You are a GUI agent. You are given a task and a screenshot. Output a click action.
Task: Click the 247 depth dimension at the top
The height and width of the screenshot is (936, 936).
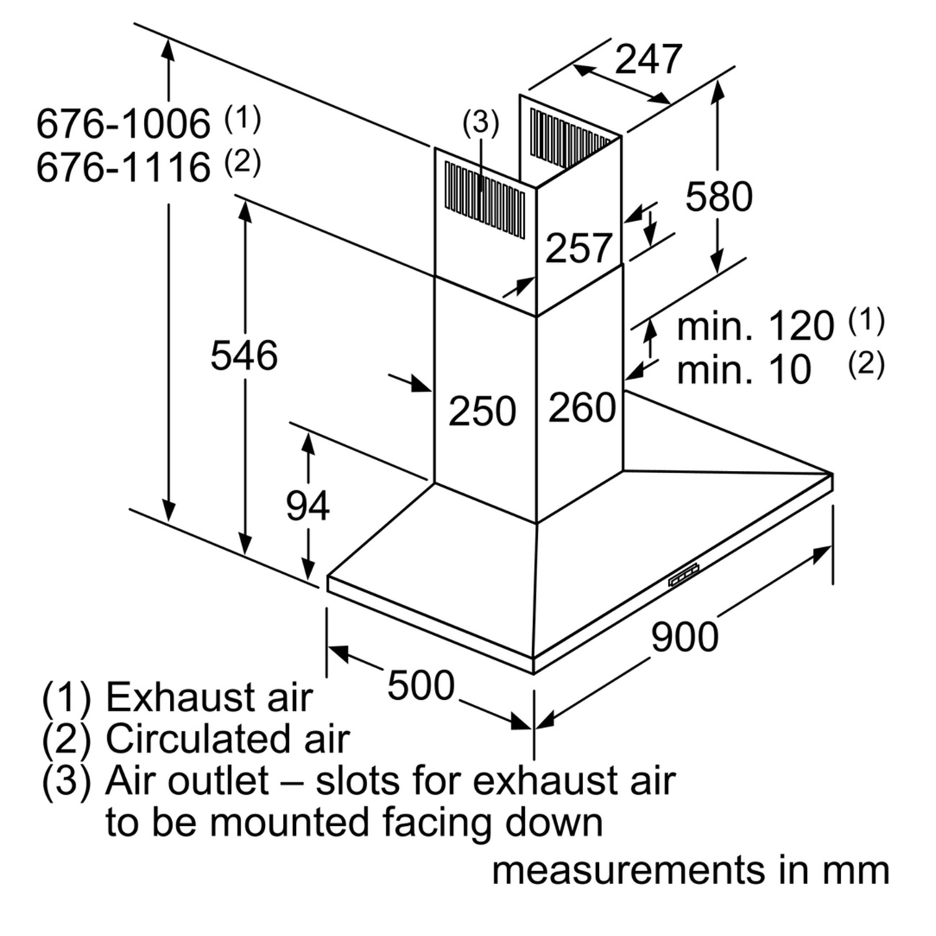pos(649,59)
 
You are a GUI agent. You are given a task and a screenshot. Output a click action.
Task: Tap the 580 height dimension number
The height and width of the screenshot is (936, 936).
pos(719,197)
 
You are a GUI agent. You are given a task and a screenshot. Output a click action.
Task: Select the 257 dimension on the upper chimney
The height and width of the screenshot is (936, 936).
pos(578,248)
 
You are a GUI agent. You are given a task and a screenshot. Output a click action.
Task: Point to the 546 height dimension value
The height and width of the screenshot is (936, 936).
pos(244,356)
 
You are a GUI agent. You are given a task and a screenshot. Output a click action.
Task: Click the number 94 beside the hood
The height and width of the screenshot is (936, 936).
pos(307,506)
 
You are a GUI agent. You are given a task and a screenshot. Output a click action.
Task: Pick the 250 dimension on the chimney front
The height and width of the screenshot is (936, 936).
pos(482,411)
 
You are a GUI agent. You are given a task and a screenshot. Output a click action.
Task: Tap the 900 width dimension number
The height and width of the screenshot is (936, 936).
pos(685,636)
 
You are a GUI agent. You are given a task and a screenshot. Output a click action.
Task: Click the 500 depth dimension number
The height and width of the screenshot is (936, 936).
pos(420,685)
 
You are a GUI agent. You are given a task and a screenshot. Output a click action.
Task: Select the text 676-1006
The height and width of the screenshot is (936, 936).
pos(123,124)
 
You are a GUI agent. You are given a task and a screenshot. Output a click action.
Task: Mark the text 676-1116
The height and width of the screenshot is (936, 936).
pos(123,168)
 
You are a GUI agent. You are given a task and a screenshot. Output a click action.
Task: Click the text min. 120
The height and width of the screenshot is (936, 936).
pos(755,326)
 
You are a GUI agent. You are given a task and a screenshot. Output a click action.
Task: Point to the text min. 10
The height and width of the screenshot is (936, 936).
pos(744,370)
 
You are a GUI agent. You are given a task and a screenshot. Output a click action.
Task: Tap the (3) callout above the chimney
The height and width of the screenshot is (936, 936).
pos(480,123)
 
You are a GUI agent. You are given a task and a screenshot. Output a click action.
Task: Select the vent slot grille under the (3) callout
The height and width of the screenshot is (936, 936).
pos(485,200)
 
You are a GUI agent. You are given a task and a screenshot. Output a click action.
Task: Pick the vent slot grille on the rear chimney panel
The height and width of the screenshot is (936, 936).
pos(570,138)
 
